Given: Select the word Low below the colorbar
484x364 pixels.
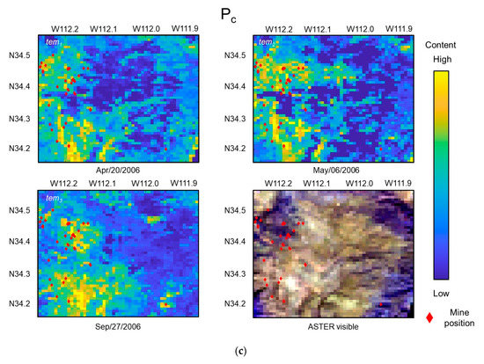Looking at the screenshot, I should click(x=437, y=292).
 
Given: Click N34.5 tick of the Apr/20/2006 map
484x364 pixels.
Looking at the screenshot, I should click(x=19, y=55).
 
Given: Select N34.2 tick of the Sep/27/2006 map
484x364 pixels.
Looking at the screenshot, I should click(x=19, y=303).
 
